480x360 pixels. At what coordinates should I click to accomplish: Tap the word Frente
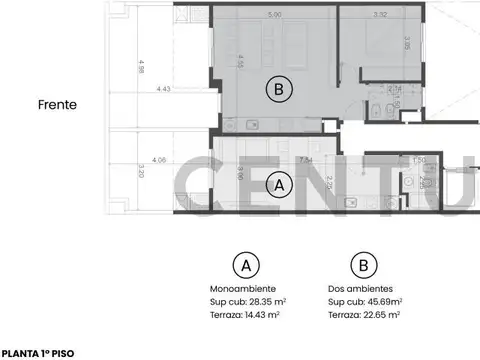coord(58,103)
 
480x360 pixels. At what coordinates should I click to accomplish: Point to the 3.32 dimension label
coord(378,14)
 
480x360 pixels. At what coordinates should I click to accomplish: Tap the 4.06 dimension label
coord(159,158)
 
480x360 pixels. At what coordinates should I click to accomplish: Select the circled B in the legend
coord(363,265)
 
